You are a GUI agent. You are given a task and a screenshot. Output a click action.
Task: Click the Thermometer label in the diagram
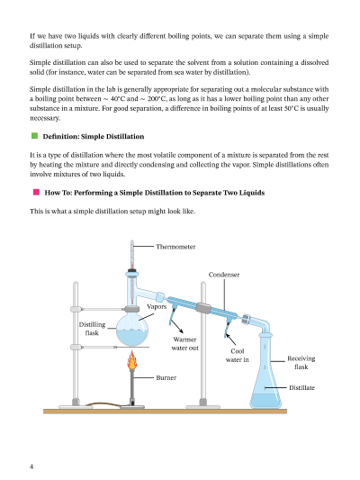(175, 247)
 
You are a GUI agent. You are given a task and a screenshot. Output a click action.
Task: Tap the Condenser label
(224, 275)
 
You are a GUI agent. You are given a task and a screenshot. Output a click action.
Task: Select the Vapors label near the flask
(157, 306)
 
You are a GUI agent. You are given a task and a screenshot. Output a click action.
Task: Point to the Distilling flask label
(92, 329)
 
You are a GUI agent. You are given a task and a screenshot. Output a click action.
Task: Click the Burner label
(166, 377)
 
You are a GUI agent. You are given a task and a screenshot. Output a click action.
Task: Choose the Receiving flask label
(301, 362)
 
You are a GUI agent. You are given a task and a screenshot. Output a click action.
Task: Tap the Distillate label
(301, 387)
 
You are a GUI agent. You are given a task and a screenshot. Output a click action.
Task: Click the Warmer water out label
(184, 343)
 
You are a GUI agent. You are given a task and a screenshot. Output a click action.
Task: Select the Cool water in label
(237, 356)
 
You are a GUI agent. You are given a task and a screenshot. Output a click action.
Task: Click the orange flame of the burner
(131, 360)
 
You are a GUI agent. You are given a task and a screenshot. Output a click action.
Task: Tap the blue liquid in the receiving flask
(265, 401)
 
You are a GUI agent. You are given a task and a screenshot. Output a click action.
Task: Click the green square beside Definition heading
(34, 136)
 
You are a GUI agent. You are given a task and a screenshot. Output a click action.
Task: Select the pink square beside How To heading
(36, 192)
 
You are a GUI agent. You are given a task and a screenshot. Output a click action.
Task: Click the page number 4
(31, 466)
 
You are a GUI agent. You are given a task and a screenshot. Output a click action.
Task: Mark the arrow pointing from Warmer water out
(176, 326)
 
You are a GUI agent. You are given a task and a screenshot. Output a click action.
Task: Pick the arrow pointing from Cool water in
(231, 340)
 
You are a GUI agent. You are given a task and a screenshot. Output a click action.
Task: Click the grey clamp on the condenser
(203, 308)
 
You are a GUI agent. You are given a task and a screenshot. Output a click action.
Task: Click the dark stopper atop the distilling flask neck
(131, 270)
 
